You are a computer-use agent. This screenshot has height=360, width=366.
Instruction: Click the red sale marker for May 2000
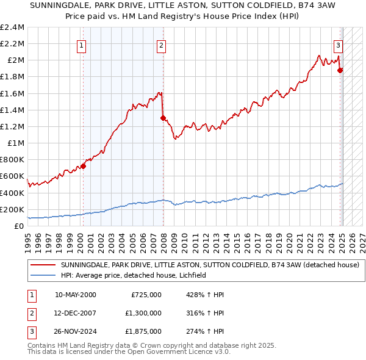click(83, 166)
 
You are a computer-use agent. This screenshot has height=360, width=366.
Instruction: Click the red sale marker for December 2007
click(163, 118)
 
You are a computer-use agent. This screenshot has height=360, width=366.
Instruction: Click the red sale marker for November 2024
click(340, 70)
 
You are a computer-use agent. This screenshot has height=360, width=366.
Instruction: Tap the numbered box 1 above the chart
click(82, 44)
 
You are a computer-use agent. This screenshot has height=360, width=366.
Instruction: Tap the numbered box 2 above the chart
click(161, 44)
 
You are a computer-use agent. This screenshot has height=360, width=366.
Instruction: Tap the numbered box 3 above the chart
click(338, 44)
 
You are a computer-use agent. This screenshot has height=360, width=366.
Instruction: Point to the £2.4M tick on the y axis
click(12, 27)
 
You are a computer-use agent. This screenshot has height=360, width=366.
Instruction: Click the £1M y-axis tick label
click(16, 143)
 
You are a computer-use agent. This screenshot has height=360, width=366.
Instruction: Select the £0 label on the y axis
click(20, 226)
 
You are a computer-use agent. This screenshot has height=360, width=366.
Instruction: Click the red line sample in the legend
click(43, 265)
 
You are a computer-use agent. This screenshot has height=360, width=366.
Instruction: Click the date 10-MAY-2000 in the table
click(76, 295)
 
